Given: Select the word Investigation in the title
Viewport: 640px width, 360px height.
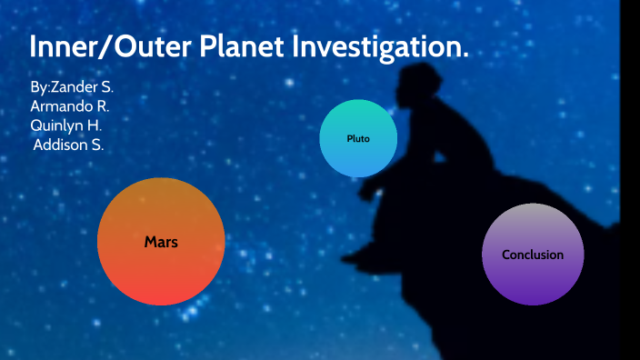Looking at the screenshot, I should [386, 48].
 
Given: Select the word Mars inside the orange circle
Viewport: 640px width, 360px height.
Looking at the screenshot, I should [161, 243].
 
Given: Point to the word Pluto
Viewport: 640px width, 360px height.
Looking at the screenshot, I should [358, 139].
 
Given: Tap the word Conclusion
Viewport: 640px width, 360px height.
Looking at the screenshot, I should [533, 255].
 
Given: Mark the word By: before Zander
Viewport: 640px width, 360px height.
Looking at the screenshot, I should [40, 87].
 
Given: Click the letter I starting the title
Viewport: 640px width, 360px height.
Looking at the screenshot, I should [34, 48].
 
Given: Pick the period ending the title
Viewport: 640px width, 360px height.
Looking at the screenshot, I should [465, 56].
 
